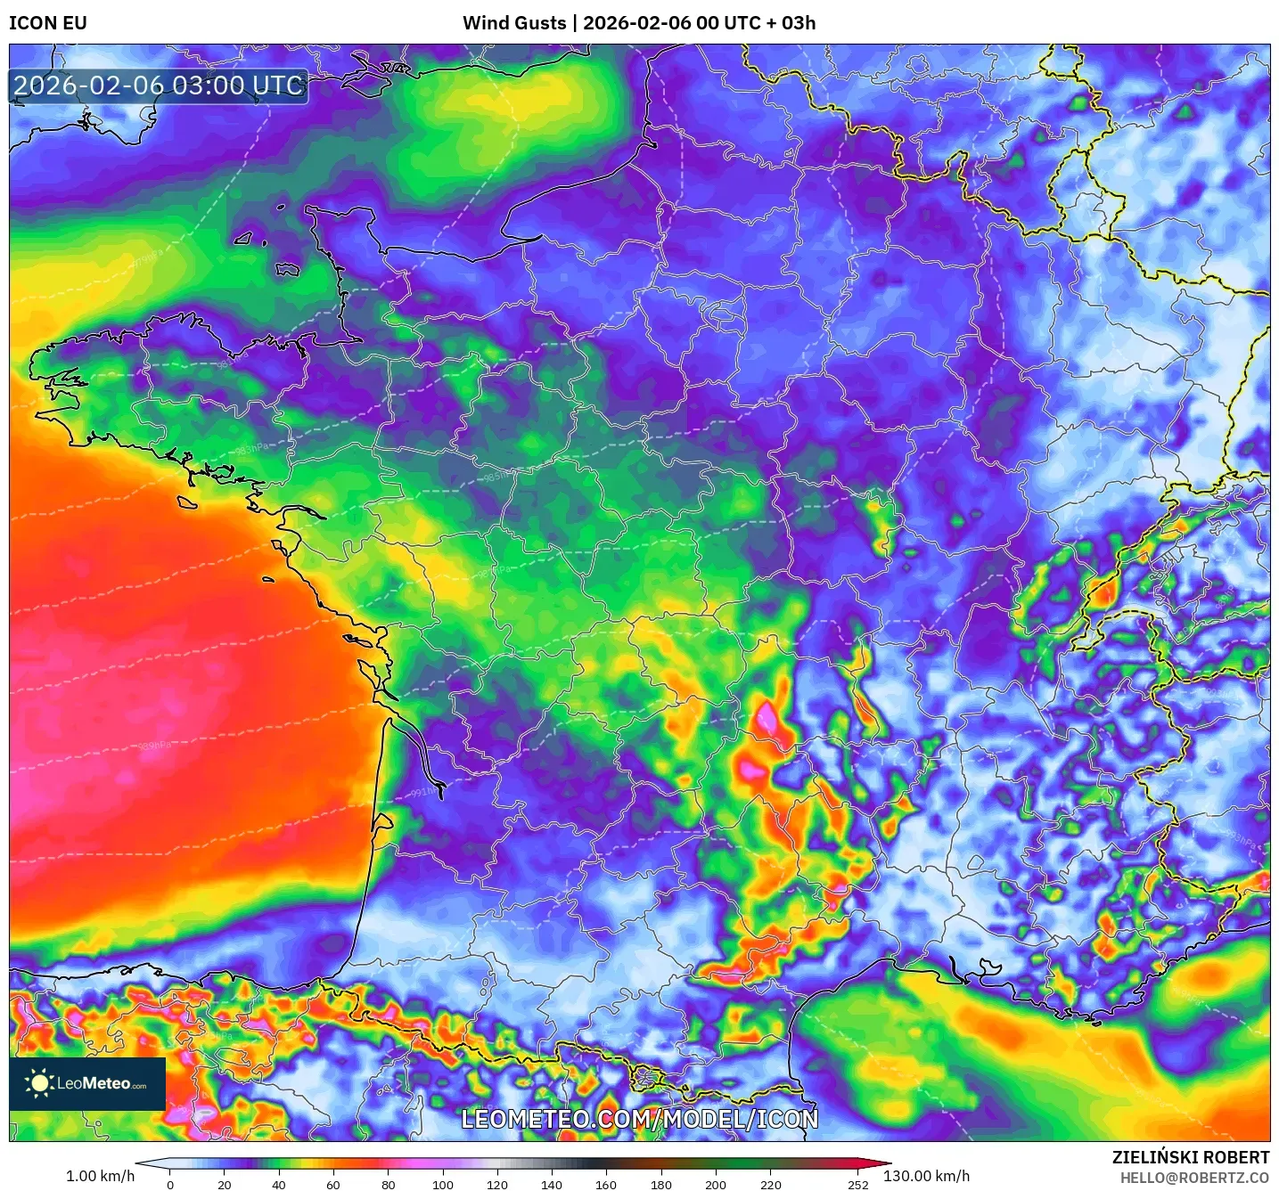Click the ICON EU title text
coord(48,23)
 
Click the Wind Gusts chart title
coord(639,23)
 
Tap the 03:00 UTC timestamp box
coord(159,86)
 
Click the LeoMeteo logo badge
coord(87,1083)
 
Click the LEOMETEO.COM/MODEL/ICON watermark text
coord(639,1119)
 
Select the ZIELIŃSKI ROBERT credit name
coord(1190,1157)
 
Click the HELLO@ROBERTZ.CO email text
coord(1194,1178)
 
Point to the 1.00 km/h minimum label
coord(100,1176)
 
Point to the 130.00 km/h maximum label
coord(926,1176)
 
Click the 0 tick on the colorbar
coord(170,1185)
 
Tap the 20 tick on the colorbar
coord(225,1185)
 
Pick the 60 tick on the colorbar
coord(333,1185)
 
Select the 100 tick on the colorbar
coord(443,1185)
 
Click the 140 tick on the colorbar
coord(552,1185)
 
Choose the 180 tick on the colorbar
coord(661,1185)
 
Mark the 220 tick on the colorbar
coord(770,1185)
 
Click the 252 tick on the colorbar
coord(857,1185)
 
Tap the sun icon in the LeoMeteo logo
coord(39,1083)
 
